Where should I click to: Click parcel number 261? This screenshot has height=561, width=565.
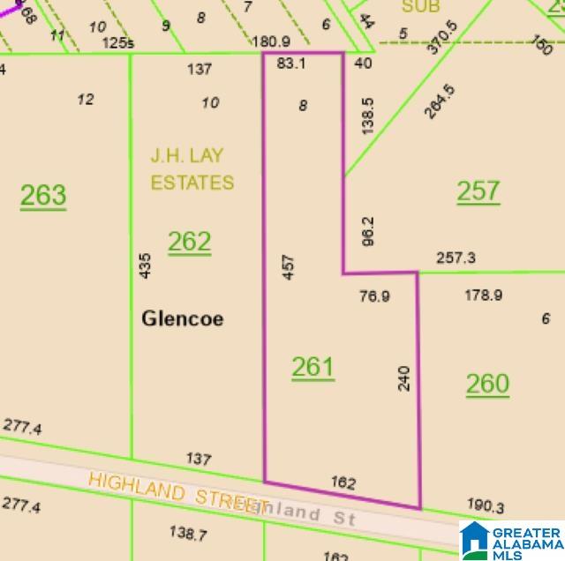tap(313, 367)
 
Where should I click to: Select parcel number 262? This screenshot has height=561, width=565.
tap(190, 241)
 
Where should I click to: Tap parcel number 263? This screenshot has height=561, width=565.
tap(43, 194)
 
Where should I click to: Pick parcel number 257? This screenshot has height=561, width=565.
tap(478, 191)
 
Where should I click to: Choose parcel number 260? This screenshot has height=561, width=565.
tap(487, 384)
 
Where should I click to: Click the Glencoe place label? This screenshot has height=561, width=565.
tap(183, 318)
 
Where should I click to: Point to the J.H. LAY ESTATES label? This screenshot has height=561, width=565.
tap(192, 169)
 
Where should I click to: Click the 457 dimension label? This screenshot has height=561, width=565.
tap(288, 266)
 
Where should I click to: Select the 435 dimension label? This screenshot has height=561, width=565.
tap(146, 266)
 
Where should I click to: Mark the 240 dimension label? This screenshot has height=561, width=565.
tap(404, 378)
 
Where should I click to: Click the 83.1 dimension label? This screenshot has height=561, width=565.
tap(291, 64)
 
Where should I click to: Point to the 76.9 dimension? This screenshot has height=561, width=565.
tap(374, 296)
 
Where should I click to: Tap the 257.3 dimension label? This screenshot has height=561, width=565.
tap(456, 258)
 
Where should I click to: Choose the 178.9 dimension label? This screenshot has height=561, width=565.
tap(484, 295)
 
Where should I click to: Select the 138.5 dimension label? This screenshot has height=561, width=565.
tap(369, 116)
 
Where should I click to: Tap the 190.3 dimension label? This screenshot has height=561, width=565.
tap(486, 505)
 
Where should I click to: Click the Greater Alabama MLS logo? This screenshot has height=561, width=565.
tap(510, 540)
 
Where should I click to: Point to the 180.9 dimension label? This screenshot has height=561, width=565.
tap(271, 41)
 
